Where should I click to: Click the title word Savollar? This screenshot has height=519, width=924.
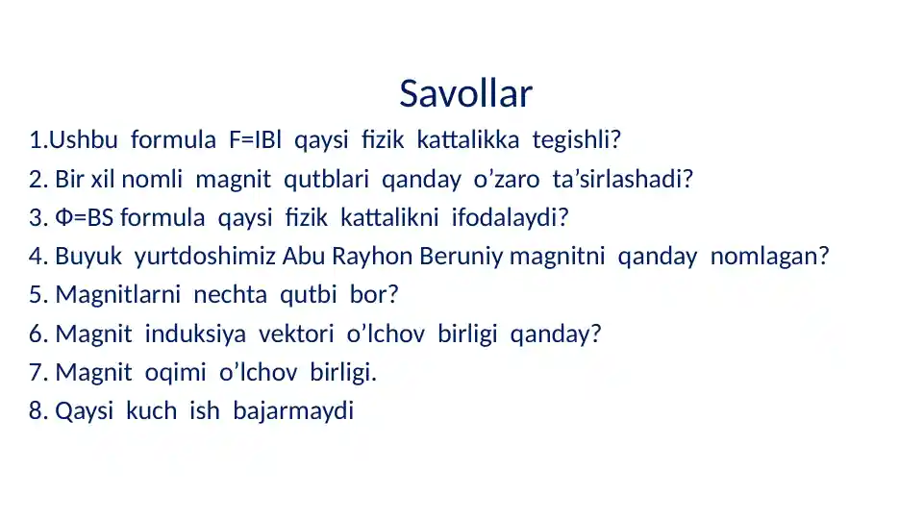[x=465, y=94]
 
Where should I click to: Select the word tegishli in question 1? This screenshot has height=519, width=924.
[x=576, y=141]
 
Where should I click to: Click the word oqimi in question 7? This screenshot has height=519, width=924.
[x=169, y=373]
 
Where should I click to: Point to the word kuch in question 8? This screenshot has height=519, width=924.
[x=150, y=411]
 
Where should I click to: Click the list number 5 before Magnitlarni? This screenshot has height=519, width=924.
[x=37, y=296]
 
